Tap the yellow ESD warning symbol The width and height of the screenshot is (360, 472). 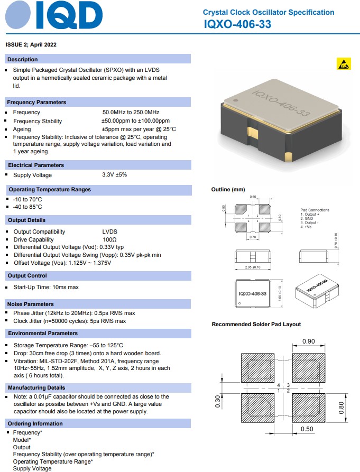(343, 64)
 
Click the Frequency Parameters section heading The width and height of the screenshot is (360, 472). (36, 102)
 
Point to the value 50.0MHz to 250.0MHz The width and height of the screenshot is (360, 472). (131, 113)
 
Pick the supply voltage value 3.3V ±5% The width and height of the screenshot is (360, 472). (114, 175)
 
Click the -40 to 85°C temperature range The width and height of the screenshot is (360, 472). (27, 207)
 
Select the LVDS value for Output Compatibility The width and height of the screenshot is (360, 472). (109, 232)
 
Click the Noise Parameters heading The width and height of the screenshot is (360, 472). (31, 304)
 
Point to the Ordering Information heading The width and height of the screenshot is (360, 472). (35, 423)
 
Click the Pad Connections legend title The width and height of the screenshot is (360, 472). (315, 210)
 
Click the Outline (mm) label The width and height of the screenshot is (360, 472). (228, 190)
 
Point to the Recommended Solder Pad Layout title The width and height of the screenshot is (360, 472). (256, 324)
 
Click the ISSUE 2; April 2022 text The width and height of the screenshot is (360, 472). (31, 44)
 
